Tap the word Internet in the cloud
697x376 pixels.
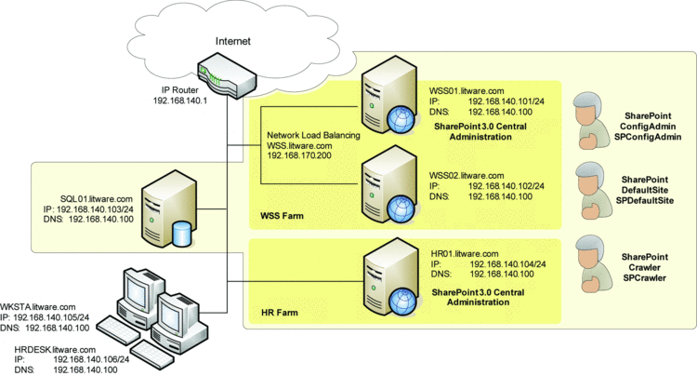pos(233,41)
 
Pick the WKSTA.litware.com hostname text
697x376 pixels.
pos(37,306)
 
